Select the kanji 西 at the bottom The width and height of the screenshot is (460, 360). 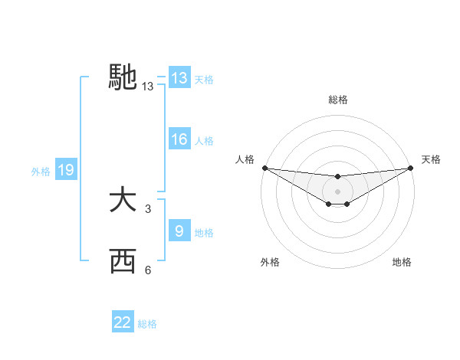pyautogui.click(x=123, y=261)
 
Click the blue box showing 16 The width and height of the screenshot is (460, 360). pyautogui.click(x=179, y=140)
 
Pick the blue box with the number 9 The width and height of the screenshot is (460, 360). pyautogui.click(x=179, y=231)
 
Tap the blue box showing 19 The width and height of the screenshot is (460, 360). pyautogui.click(x=65, y=171)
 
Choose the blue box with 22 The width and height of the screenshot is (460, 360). pyautogui.click(x=123, y=322)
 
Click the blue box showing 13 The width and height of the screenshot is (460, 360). pyautogui.click(x=179, y=78)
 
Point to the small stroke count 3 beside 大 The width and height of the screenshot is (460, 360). pyautogui.click(x=148, y=208)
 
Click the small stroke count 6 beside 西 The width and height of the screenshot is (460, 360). pyautogui.click(x=148, y=270)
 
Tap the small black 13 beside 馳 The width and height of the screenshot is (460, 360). pyautogui.click(x=148, y=87)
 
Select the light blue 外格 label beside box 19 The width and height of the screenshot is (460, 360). pyautogui.click(x=41, y=172)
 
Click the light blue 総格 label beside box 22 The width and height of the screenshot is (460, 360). pyautogui.click(x=147, y=323)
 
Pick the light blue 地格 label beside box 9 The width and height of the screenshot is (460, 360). pyautogui.click(x=204, y=232)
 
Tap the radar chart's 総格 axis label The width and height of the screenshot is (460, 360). pyautogui.click(x=337, y=100)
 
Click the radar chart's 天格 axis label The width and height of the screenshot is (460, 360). pyautogui.click(x=432, y=159)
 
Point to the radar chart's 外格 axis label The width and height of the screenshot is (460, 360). pyautogui.click(x=270, y=263)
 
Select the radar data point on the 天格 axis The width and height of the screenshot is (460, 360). pyautogui.click(x=411, y=168)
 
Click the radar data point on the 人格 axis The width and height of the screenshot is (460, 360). pyautogui.click(x=264, y=168)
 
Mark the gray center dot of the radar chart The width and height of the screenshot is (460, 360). pyautogui.click(x=337, y=191)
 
